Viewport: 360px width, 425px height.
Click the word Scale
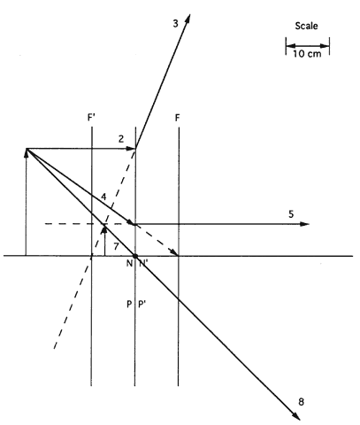click(306, 26)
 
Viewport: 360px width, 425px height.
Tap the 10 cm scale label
click(307, 54)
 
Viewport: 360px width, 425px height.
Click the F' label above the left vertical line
click(91, 118)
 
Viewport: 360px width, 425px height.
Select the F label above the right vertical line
click(177, 118)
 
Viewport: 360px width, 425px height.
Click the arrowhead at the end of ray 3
click(188, 19)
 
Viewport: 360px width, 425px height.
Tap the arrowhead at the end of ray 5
click(304, 224)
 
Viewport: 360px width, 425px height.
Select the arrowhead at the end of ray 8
click(296, 415)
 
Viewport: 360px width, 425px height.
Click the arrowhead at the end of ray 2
click(131, 148)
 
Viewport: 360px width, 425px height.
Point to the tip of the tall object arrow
click(26, 150)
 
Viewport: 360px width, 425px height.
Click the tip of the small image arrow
click(103, 226)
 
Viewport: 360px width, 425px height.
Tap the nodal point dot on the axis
click(135, 256)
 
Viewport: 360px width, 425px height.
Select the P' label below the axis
click(142, 304)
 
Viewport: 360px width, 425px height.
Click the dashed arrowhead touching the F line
click(174, 252)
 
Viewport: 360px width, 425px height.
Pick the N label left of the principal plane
click(129, 263)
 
